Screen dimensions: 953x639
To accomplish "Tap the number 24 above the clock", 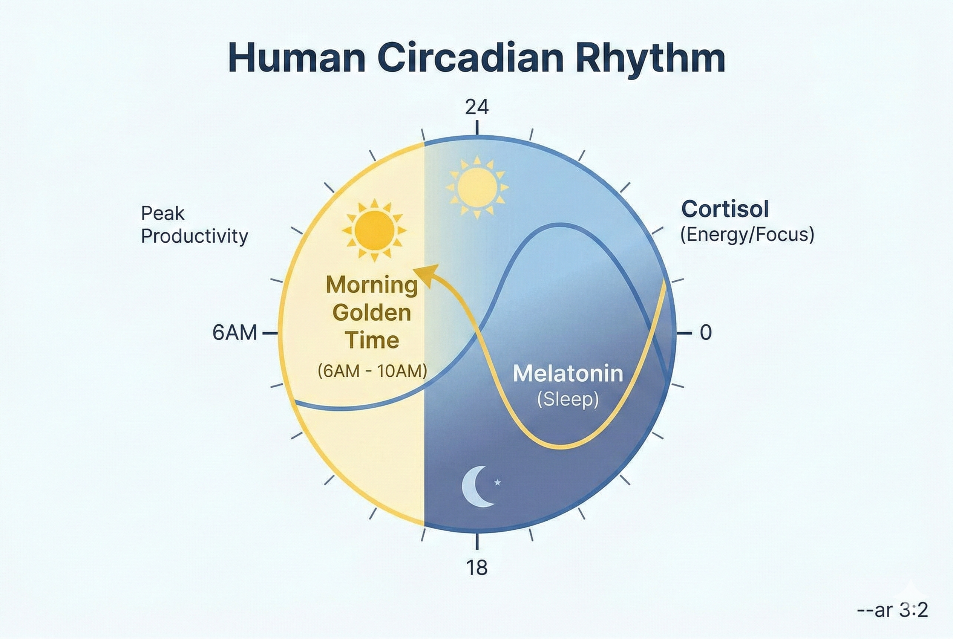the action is (x=477, y=107).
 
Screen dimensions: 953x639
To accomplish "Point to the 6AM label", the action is (x=234, y=333).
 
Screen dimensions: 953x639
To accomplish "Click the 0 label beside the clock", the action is (x=706, y=333).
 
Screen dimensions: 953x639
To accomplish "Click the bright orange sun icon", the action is (x=374, y=231).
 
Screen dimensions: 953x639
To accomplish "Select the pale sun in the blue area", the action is (x=477, y=188).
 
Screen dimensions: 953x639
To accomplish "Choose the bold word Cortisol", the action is (x=725, y=209).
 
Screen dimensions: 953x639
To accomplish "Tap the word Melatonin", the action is (x=568, y=373).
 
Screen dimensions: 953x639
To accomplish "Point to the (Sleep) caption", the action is (x=568, y=399).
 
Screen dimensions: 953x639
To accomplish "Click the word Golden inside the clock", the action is (x=372, y=313).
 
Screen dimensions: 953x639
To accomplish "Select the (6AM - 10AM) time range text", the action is (x=372, y=371).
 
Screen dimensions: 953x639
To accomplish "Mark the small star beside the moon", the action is (x=498, y=483).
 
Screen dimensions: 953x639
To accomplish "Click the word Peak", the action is (x=163, y=213).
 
